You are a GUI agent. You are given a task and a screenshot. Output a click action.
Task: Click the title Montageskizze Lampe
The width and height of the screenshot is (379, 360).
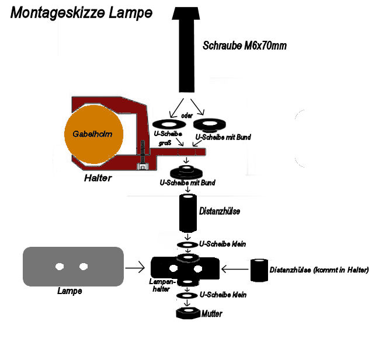tap(81, 13)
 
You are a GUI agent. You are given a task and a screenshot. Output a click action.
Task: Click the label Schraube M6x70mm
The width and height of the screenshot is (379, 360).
tap(244, 45)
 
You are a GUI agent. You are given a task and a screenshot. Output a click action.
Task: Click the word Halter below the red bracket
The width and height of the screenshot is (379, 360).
tap(98, 177)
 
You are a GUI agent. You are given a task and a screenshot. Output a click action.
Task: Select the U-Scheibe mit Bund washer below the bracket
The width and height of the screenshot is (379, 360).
tap(186, 172)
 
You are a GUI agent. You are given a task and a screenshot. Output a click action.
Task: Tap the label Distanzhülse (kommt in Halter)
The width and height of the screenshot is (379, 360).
tap(319, 270)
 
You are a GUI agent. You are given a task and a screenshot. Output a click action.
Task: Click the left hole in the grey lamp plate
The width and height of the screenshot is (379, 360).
tap(60, 267)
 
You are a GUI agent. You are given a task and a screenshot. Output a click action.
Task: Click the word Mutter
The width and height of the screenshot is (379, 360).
tap(211, 314)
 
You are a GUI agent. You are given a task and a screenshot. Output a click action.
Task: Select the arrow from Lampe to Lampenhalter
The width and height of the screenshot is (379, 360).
tap(135, 268)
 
